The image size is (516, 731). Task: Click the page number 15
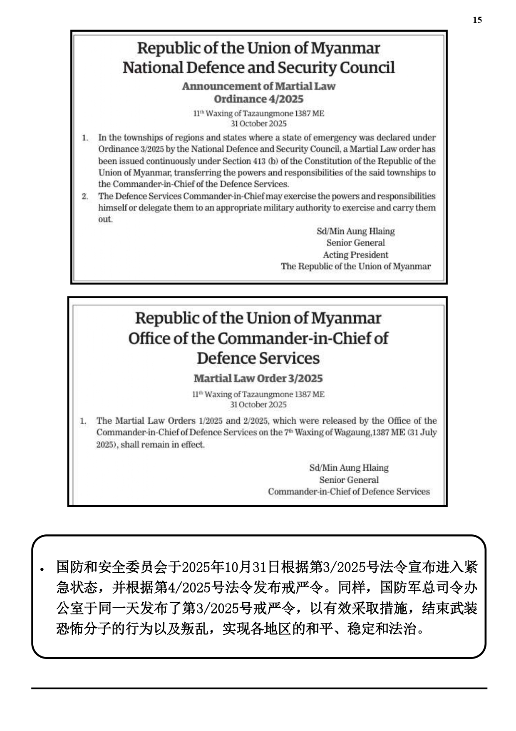coord(477,20)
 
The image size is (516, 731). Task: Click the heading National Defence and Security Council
coord(258,67)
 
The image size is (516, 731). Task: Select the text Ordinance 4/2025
coord(258,99)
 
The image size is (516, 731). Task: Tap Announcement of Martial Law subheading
coord(258,86)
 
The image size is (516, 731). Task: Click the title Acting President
coord(355,255)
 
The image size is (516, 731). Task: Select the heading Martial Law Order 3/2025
coord(258,378)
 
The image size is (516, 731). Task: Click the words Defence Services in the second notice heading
coord(258,358)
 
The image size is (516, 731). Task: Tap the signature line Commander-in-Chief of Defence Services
coord(349,491)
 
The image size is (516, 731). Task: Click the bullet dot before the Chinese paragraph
coord(42,569)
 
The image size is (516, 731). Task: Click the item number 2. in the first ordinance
coord(85,196)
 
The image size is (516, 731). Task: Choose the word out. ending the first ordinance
coord(105,220)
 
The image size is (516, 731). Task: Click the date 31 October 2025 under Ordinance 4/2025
coord(258,124)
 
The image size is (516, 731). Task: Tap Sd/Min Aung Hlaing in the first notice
coord(355,231)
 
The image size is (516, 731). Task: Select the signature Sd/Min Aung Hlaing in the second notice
coord(349,468)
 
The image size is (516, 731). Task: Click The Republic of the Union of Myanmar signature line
coord(355,267)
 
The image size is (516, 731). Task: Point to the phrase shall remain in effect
coord(163,444)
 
